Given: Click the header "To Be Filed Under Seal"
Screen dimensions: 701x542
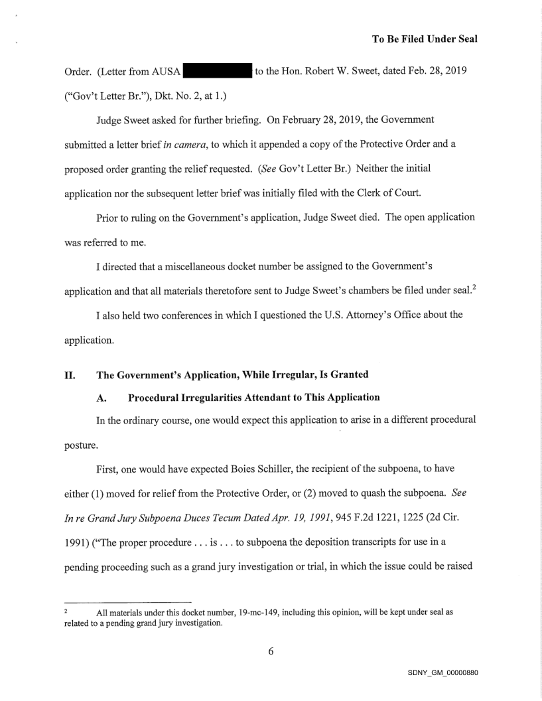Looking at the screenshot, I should pos(425,39).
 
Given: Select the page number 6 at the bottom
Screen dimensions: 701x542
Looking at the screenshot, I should pos(271,651).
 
